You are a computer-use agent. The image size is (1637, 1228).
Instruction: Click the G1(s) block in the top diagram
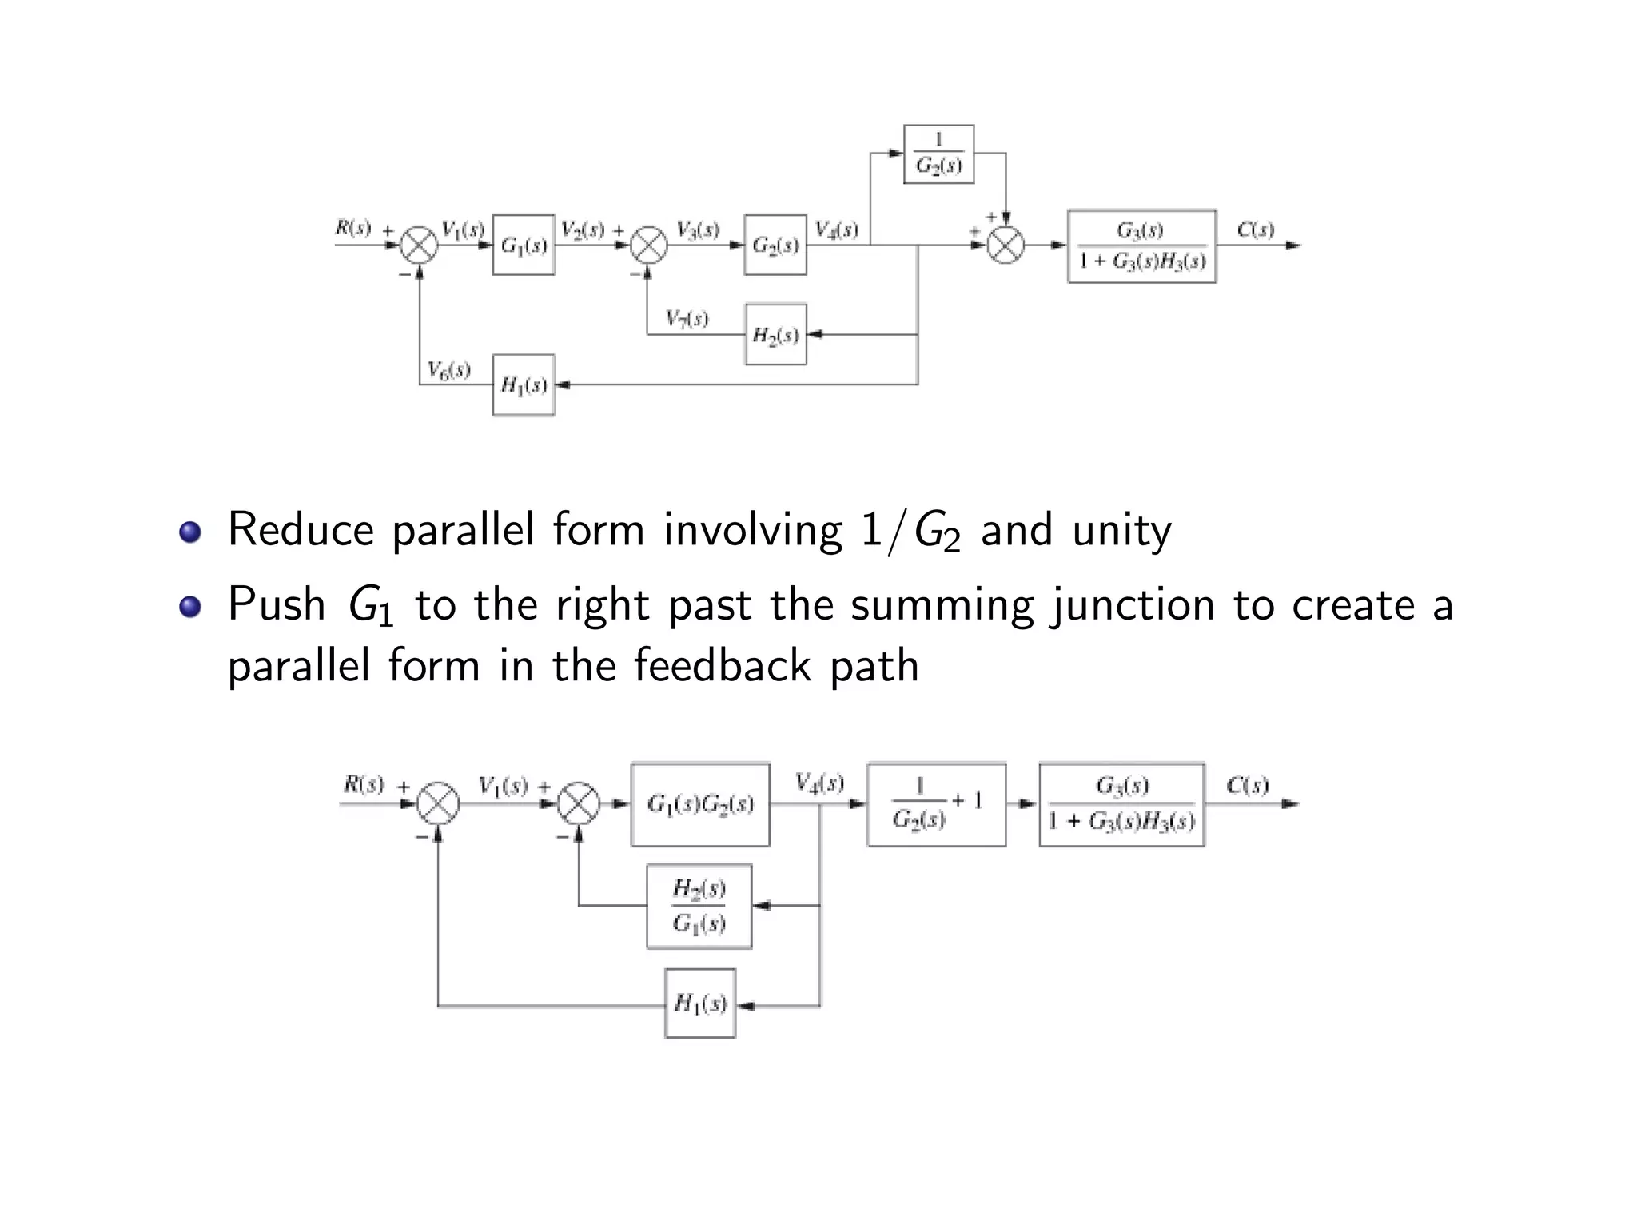pos(524,245)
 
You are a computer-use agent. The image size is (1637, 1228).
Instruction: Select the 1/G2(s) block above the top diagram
pos(938,154)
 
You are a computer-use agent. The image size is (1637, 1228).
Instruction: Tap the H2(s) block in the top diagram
pos(775,334)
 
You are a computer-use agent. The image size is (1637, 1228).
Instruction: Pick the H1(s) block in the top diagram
pos(524,385)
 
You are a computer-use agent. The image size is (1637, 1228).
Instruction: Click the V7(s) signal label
pos(687,319)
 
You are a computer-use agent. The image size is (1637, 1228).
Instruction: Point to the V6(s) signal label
pos(448,369)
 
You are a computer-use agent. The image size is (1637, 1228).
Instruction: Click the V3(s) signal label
pos(697,230)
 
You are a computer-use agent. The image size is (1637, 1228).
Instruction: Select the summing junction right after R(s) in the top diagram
pos(419,245)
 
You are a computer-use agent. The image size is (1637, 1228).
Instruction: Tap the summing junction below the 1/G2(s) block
pos(1006,245)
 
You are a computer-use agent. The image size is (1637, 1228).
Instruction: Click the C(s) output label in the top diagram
pos(1255,230)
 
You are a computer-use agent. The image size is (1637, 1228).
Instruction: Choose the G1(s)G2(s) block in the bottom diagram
pos(700,804)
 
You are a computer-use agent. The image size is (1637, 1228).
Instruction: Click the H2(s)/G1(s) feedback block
pos(699,906)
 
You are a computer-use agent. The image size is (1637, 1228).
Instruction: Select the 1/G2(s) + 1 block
pos(936,804)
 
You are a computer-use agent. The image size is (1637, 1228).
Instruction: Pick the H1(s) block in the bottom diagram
pos(700,1003)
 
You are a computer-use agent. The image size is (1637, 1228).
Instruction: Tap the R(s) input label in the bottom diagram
pos(364,784)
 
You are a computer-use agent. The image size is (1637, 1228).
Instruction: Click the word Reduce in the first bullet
pos(301,530)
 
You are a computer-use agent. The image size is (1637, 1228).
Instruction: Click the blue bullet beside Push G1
pos(189,606)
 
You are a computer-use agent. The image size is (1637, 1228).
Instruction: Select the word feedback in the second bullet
pos(723,665)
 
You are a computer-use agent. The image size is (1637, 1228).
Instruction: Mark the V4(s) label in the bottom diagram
pos(819,783)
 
